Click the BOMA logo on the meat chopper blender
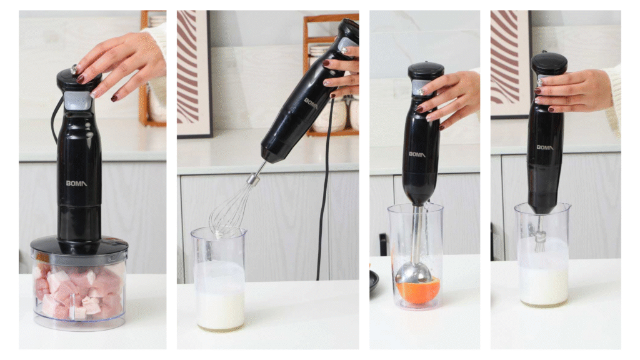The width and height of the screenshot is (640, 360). tap(76, 183)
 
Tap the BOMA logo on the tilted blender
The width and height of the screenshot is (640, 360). tap(311, 103)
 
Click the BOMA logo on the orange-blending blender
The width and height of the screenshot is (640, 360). tap(417, 154)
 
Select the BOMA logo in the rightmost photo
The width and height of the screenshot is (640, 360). tap(544, 147)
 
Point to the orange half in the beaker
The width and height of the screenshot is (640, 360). tap(418, 290)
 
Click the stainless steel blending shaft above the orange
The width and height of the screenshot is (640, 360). tap(417, 234)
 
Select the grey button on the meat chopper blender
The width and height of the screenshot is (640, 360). tap(77, 101)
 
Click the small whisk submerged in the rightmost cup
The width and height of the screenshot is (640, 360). tap(541, 236)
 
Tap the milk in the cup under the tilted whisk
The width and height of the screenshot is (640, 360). tap(221, 295)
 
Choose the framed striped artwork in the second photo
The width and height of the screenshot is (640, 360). tap(194, 74)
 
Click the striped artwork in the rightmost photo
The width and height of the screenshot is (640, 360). tap(510, 64)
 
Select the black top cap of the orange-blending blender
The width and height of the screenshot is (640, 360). tap(426, 71)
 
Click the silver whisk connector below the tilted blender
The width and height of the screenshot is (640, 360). tap(254, 179)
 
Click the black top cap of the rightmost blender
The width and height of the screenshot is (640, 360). tap(549, 63)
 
